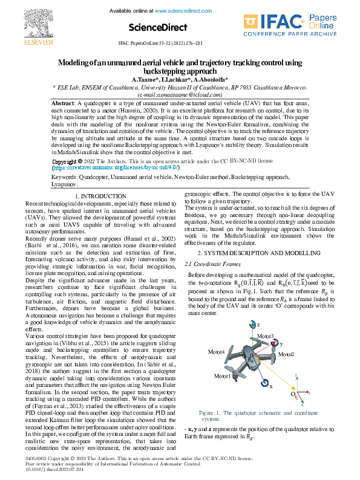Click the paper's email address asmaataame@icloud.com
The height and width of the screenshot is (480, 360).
180,95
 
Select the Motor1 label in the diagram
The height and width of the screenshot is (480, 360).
222,375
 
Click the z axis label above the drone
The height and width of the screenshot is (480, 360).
259,325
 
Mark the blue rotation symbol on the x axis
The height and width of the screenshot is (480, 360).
264,382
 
